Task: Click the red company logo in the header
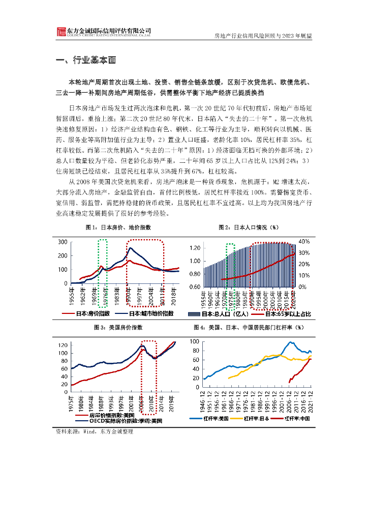(x=61, y=32)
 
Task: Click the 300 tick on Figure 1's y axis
(x=64, y=241)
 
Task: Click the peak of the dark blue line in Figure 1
(x=131, y=248)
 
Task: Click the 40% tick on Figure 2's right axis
(x=303, y=241)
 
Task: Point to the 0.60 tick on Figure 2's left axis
(x=195, y=287)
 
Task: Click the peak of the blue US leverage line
(x=291, y=342)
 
